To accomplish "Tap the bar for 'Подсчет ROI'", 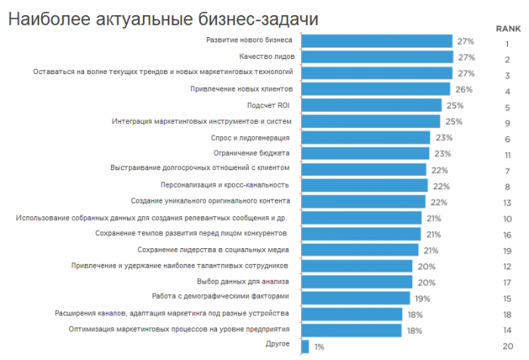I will pos(370,105).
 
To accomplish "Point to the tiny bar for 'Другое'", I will pos(305,346).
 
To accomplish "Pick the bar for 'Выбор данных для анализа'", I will pos(357,281).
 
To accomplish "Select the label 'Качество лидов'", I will pos(268,57).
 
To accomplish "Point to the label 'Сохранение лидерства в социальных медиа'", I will pos(215,250).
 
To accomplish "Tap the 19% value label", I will pos(422,298).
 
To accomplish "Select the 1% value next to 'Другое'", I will pos(319,346).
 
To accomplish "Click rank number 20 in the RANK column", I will pos(508,346).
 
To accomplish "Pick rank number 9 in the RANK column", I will pos(508,122).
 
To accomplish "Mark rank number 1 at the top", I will pos(508,44).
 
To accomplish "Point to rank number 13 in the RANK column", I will pos(508,202).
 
